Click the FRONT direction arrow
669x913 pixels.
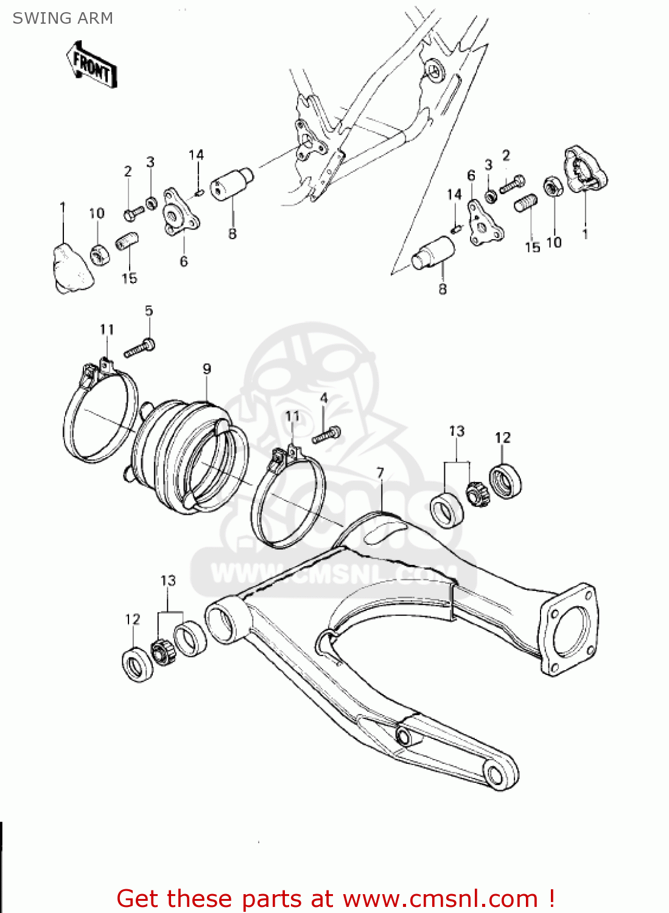tap(91, 66)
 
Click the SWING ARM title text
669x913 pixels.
tap(63, 18)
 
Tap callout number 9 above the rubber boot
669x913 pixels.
tap(207, 369)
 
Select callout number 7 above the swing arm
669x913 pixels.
tap(380, 473)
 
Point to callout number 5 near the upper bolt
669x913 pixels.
tap(149, 311)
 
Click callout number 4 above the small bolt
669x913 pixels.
tap(324, 398)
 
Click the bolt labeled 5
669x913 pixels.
tap(139, 349)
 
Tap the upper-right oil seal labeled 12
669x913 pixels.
tap(505, 481)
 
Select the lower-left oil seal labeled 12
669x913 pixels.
tap(139, 665)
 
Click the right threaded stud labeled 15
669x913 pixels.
tap(527, 203)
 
